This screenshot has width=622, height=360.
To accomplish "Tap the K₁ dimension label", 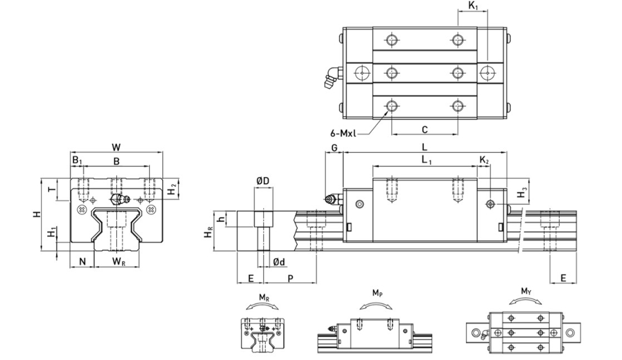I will pos(473,7).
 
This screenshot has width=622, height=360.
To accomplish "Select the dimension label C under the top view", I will pos(424,129).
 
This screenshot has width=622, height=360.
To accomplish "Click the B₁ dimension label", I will pos(77,161).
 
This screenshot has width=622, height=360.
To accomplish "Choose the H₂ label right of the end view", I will pos(174,189).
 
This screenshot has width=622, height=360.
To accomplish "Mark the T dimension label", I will pos(51,189).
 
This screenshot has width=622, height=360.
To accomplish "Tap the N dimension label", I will pos(82,262).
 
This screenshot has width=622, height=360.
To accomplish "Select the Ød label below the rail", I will pos(279,262).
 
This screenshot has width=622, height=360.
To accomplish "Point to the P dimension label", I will pos(290,279).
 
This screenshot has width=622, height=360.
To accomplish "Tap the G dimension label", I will pos(334,147).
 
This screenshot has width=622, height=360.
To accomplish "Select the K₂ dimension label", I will pos(484,161).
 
